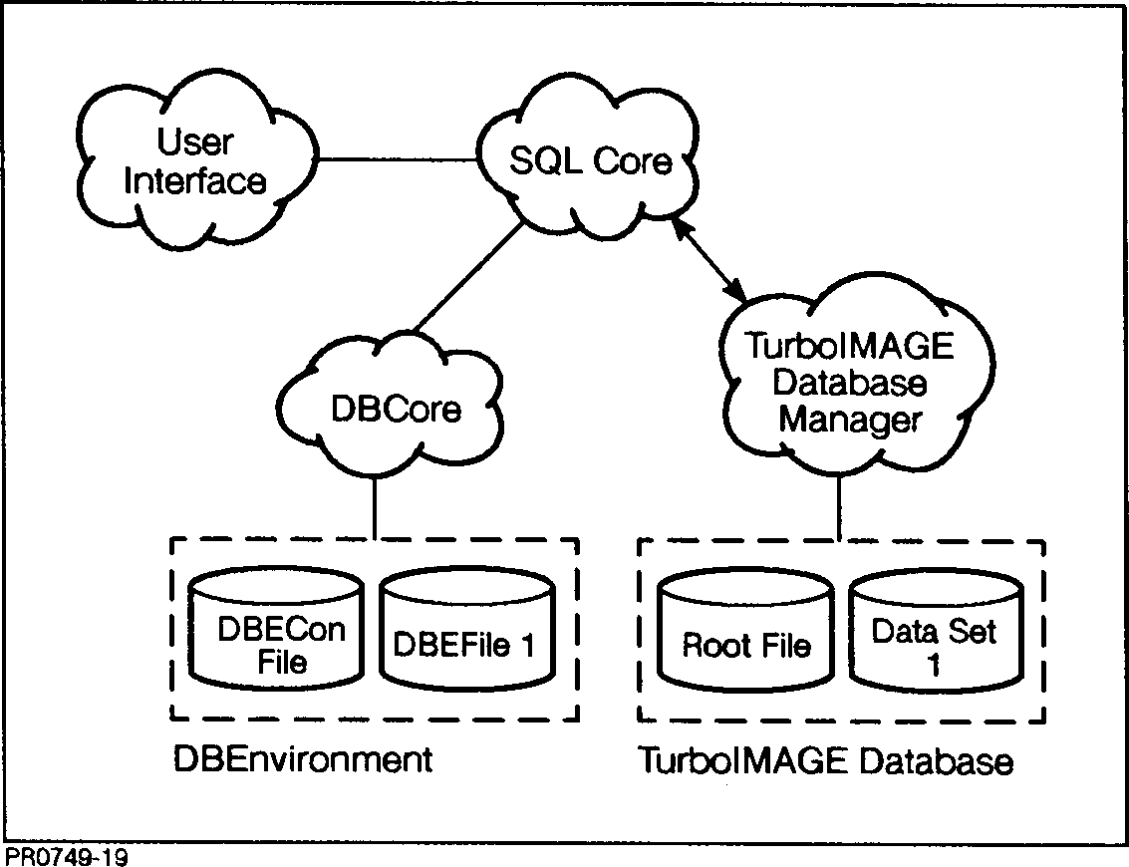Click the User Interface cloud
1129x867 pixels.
(194, 164)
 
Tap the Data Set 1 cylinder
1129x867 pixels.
(934, 638)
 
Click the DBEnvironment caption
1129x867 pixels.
(303, 760)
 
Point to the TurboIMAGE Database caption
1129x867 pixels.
(825, 762)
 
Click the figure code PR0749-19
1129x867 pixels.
(66, 856)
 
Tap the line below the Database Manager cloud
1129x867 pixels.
(840, 509)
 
